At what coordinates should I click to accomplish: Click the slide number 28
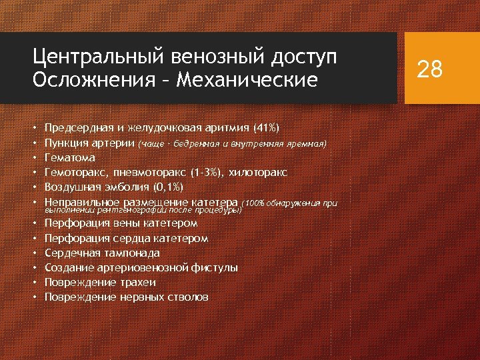pos(429,69)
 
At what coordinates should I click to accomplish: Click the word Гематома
pos(69,158)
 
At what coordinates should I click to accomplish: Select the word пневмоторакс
pos(149,173)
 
